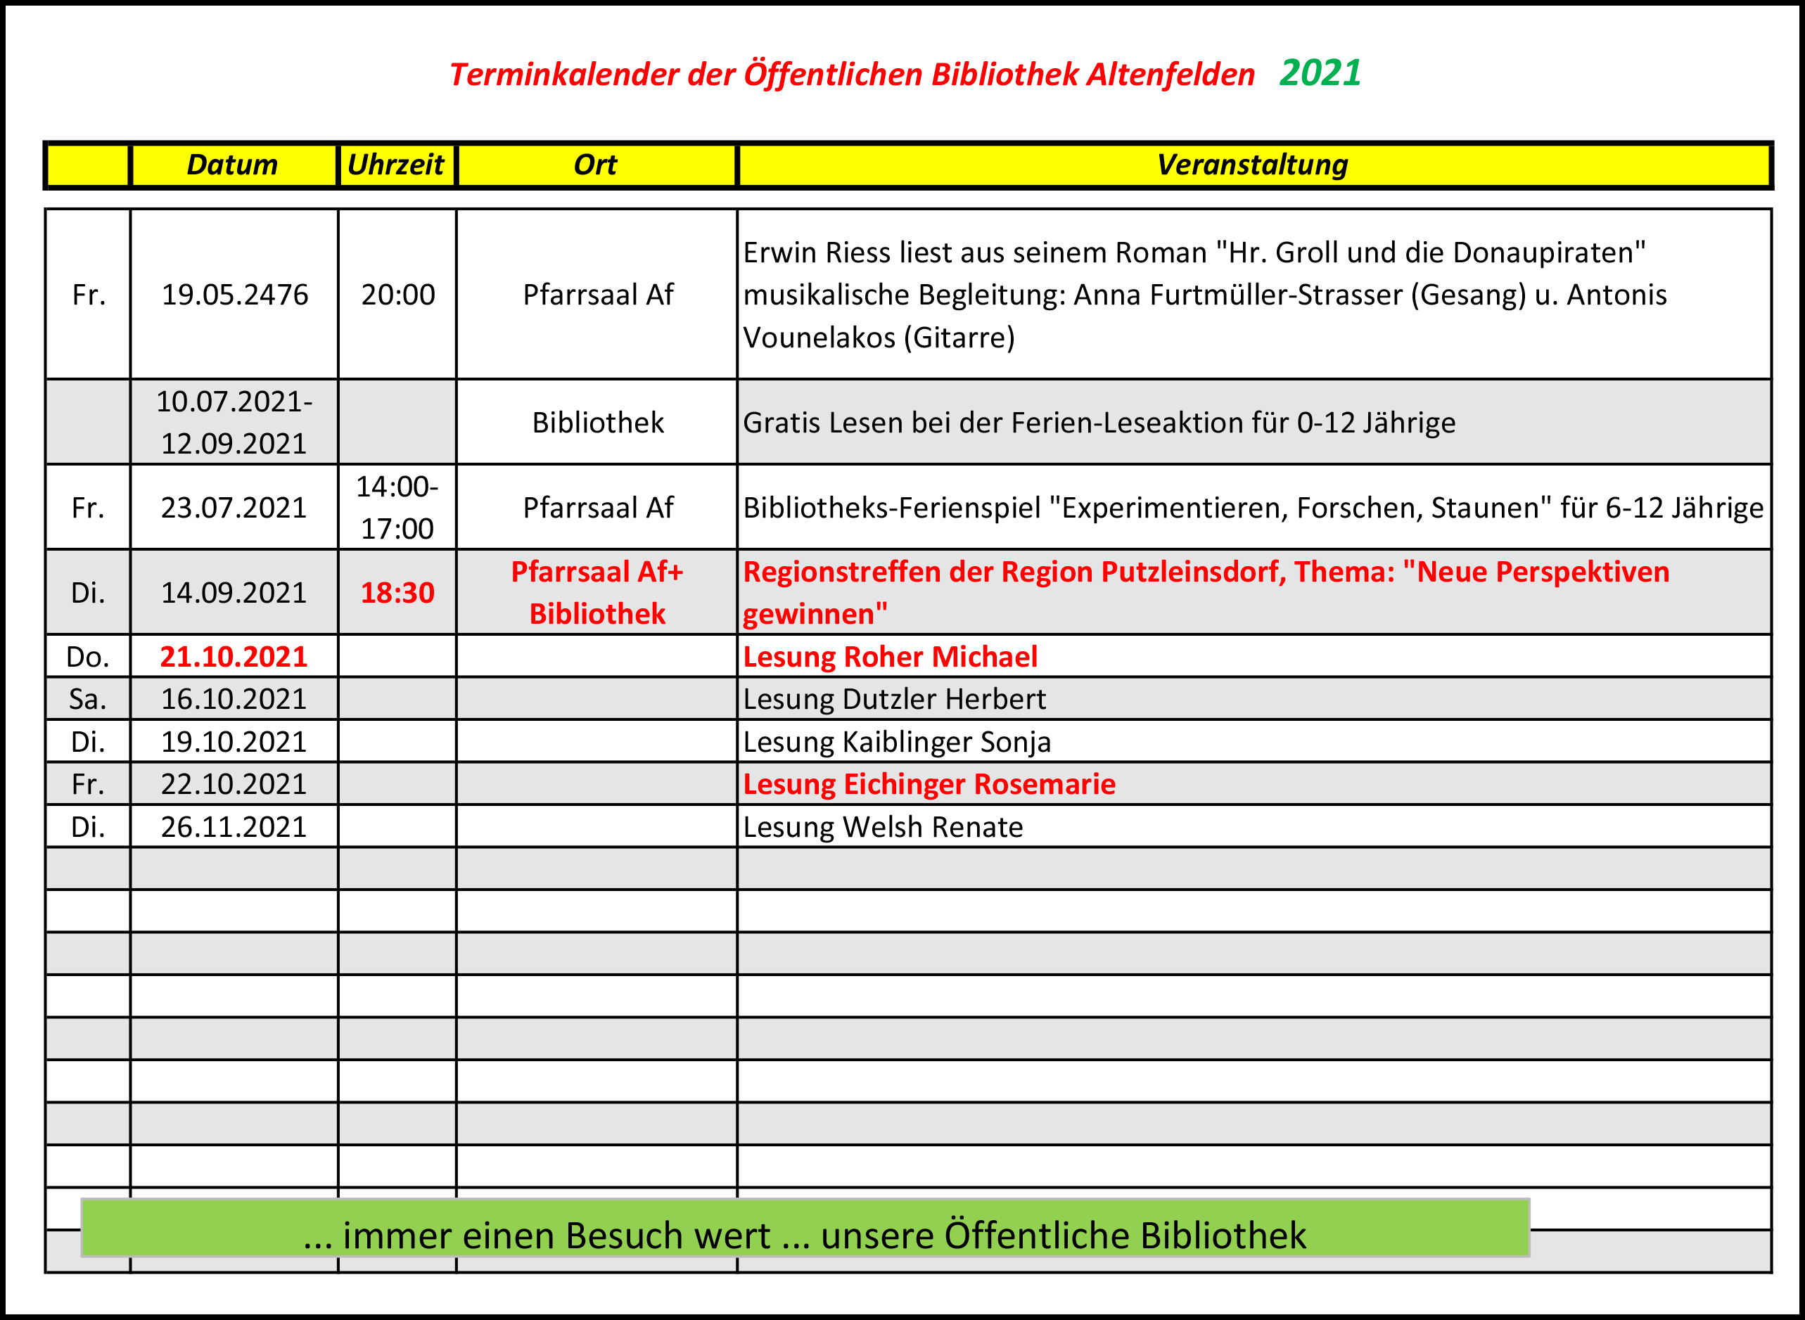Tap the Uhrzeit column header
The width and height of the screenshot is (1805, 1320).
pos(396,165)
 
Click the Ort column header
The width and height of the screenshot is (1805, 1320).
pos(595,165)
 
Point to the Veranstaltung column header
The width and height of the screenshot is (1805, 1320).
pos(1252,165)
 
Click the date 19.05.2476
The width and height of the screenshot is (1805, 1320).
pos(234,295)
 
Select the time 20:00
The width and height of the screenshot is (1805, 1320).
pos(398,295)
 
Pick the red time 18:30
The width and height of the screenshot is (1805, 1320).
pos(397,593)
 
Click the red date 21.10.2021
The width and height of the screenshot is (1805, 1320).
pos(234,657)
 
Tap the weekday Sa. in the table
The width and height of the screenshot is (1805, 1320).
pos(88,699)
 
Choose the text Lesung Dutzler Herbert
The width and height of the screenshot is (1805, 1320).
pos(894,699)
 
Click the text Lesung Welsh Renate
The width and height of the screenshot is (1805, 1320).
pos(883,827)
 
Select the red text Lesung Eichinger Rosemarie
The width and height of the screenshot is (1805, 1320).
pos(929,785)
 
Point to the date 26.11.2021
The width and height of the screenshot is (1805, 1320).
pos(234,827)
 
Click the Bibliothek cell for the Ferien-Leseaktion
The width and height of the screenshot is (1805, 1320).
pos(598,423)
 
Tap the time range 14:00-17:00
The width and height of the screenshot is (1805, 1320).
pos(397,507)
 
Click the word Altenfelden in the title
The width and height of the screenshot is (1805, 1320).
pos(1171,75)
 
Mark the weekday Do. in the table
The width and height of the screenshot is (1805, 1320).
pos(88,657)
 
